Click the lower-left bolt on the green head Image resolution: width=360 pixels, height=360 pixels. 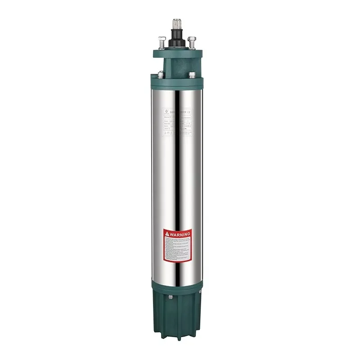[161, 74]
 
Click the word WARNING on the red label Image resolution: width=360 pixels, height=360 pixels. [180, 234]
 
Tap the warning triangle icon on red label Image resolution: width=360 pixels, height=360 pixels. [167, 234]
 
